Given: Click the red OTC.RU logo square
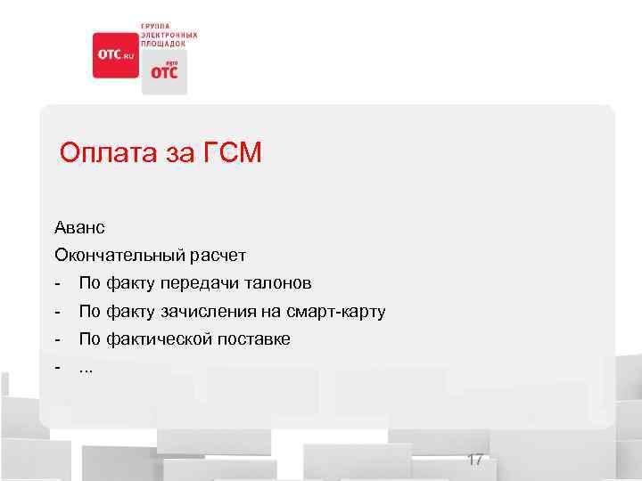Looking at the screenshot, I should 116,55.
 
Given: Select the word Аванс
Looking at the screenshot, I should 79,228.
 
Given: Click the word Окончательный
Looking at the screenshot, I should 119,256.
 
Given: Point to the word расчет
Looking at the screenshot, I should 217,256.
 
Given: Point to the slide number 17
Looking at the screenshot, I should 474,460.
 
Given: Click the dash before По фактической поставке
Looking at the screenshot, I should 58,339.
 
